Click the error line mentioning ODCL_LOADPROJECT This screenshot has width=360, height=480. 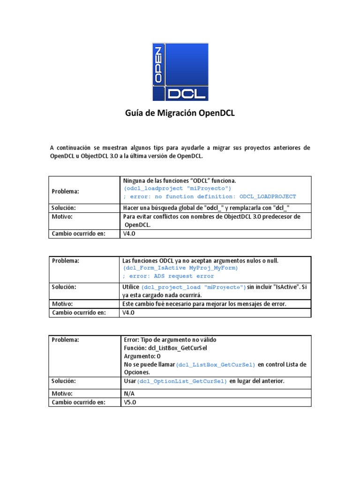coord(210,196)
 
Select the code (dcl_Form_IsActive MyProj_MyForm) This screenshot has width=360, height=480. coord(180,268)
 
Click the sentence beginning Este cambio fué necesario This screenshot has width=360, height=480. coord(204,304)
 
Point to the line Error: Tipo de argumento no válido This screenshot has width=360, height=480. coord(170,339)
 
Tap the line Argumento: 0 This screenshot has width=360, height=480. coord(142,356)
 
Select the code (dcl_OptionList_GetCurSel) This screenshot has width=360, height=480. coord(182,382)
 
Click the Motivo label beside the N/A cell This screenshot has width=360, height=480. coord(62,394)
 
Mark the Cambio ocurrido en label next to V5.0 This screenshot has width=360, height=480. coord(79,402)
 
